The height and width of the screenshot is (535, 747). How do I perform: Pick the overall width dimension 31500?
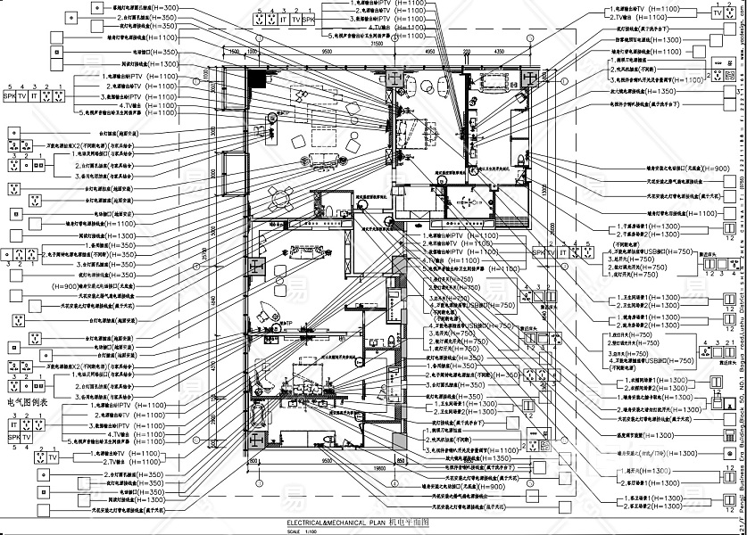pos(376,42)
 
